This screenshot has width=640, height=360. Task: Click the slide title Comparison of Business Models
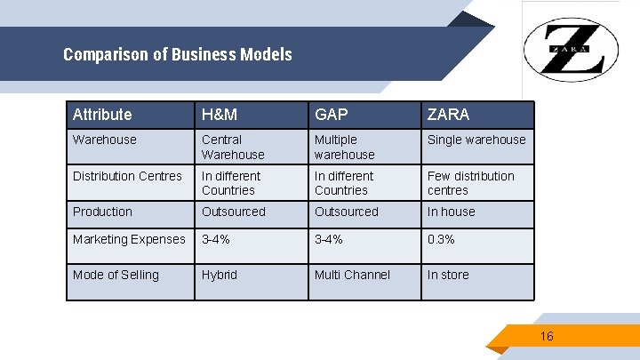[178, 55]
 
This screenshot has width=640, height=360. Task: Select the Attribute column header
[102, 115]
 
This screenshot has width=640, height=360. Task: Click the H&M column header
[218, 115]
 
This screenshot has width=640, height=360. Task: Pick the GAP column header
[331, 115]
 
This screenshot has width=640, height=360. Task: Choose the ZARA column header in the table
[448, 115]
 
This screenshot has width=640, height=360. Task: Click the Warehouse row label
[105, 140]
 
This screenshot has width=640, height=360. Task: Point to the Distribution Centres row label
[127, 176]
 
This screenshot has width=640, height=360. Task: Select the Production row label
[102, 212]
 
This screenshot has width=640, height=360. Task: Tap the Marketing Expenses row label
[129, 239]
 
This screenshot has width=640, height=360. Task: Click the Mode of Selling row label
[116, 275]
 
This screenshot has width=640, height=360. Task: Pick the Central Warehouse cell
[233, 147]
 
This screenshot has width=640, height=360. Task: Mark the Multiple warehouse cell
[345, 147]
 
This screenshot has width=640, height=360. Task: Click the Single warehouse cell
[476, 140]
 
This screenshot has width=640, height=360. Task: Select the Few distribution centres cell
[471, 183]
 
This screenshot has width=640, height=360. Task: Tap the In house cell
[452, 212]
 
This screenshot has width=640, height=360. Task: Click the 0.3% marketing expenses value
[442, 239]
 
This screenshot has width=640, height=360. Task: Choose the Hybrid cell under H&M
[220, 275]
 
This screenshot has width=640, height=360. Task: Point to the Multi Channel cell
[352, 275]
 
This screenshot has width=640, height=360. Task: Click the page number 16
[547, 336]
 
